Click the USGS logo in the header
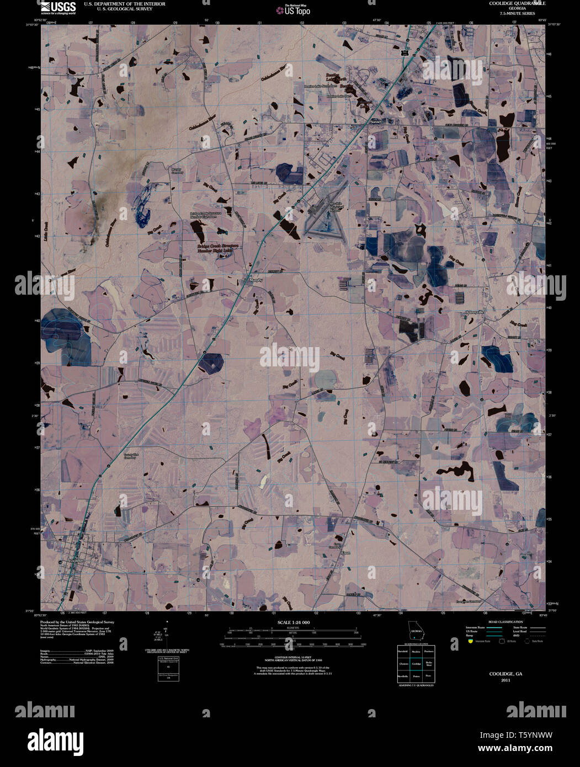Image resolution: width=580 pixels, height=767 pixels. tap(58, 7)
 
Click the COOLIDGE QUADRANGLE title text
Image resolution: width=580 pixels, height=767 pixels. tap(509, 3)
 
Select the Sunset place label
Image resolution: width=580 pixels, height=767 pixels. tap(376, 121)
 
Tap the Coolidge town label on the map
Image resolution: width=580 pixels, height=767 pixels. tap(75, 561)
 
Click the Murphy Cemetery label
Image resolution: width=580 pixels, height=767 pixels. tap(177, 171)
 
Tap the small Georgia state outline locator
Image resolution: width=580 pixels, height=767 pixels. tap(415, 630)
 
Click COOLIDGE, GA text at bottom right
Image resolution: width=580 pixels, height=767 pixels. tap(505, 674)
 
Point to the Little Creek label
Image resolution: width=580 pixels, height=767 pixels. tap(47, 226)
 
